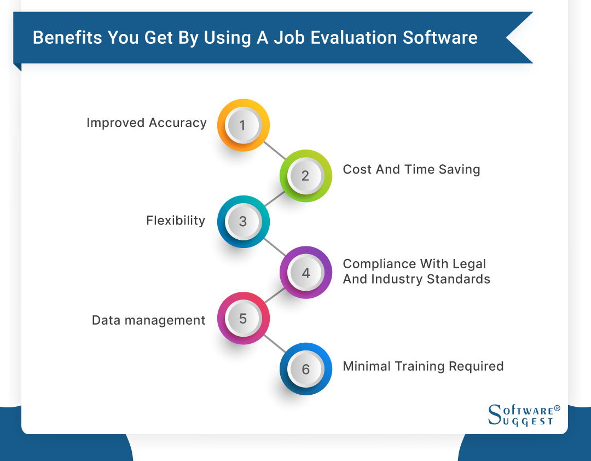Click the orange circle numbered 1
click(x=244, y=125)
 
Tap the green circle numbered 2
click(x=305, y=176)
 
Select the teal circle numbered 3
click(x=244, y=221)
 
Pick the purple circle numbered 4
click(x=305, y=272)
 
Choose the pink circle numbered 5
click(x=244, y=318)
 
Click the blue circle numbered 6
click(x=305, y=368)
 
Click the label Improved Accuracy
click(x=147, y=123)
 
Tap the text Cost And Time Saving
click(x=411, y=170)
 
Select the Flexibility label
click(x=176, y=221)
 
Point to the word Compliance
click(x=379, y=264)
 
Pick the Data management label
click(x=148, y=320)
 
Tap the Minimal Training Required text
click(x=423, y=366)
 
